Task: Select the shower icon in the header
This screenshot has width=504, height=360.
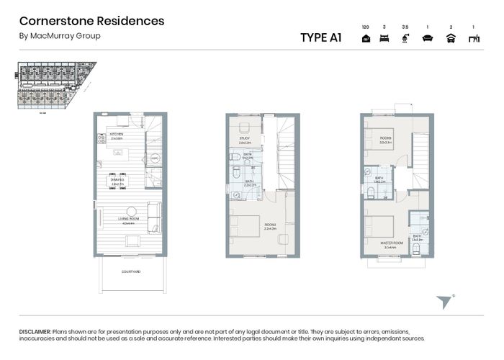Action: pos(405,39)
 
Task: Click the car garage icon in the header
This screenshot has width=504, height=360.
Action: pos(451,39)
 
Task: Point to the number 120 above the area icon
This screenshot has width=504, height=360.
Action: pos(365,25)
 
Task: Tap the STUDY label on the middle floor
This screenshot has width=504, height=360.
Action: pos(243,140)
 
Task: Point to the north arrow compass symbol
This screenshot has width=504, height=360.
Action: pos(444,301)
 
